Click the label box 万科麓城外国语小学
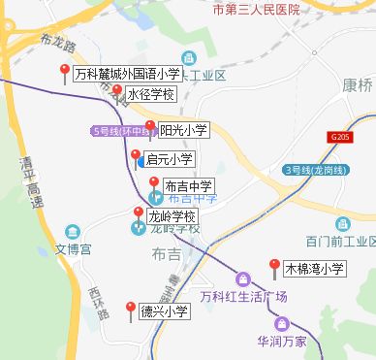click(126, 73)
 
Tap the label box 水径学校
click(151, 94)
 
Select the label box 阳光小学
click(184, 129)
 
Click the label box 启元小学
click(169, 159)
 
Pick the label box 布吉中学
click(189, 186)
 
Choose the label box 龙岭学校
click(172, 215)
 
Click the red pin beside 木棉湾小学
click(274, 264)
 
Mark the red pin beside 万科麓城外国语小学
click(65, 69)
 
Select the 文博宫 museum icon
click(73, 231)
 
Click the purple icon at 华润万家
click(281, 324)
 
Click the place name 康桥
click(357, 84)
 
